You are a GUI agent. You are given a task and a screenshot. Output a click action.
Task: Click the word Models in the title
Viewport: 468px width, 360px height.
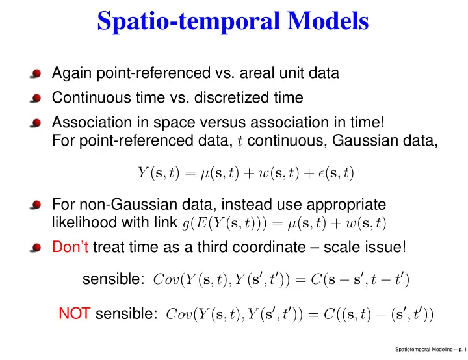click(328, 20)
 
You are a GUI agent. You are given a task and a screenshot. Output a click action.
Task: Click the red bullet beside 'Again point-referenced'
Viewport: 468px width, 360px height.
click(36, 73)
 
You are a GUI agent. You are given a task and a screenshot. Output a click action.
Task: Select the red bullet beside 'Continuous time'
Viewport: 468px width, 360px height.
click(36, 98)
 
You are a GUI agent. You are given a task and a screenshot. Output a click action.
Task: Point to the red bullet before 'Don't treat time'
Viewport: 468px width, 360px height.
click(36, 248)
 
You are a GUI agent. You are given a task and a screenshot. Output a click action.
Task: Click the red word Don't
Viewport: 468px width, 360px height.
click(70, 247)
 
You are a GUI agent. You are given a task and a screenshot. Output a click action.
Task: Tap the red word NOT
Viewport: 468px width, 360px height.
click(75, 313)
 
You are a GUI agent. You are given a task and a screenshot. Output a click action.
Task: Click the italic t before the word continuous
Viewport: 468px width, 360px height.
click(240, 141)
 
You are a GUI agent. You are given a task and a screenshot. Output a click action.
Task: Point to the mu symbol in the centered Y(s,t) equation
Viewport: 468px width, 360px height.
click(205, 174)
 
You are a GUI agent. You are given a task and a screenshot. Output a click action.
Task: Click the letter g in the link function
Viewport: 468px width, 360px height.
click(186, 224)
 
